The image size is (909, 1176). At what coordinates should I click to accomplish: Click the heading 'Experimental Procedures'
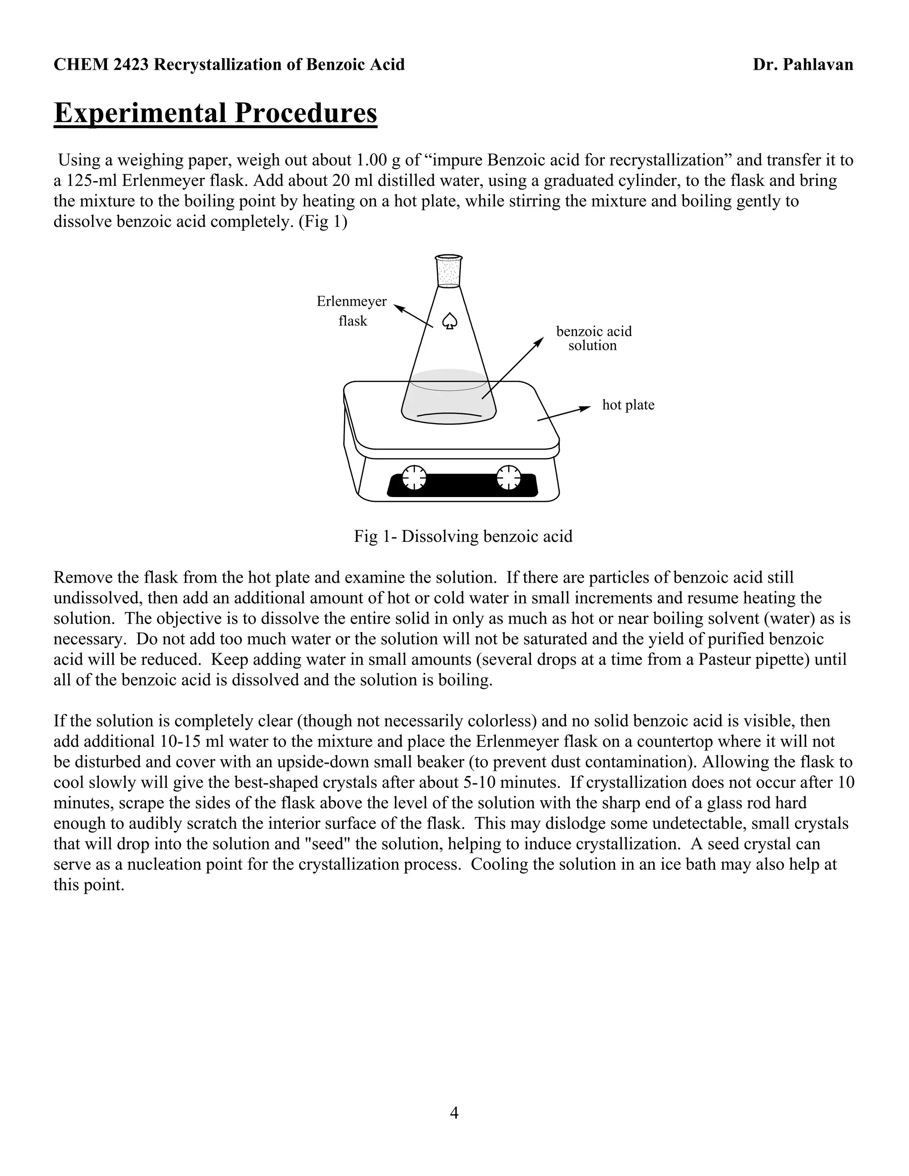[215, 113]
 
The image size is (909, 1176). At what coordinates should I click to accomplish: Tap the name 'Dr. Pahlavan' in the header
[803, 65]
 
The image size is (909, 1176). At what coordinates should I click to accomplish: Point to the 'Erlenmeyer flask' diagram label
[352, 311]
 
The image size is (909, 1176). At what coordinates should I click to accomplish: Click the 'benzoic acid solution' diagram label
[593, 338]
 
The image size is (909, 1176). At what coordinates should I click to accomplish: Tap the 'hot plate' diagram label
[628, 405]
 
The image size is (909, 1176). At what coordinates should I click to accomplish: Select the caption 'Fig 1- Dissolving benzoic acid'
[463, 537]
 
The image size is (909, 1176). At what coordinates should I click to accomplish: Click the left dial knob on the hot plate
[414, 477]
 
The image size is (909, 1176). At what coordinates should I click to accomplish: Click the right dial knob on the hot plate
[508, 477]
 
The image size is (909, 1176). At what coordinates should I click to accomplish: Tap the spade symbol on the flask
[450, 321]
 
